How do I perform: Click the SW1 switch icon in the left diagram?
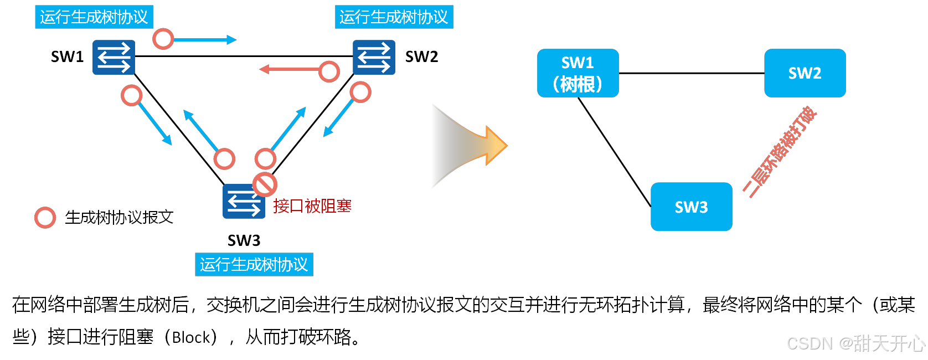click(114, 57)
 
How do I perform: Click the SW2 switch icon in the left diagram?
click(374, 57)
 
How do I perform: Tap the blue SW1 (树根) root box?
click(578, 73)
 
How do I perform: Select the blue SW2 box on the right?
click(805, 73)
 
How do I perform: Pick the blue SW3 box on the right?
click(691, 207)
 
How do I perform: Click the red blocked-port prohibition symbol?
click(265, 184)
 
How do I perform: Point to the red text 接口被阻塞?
click(312, 206)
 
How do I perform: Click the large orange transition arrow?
click(471, 146)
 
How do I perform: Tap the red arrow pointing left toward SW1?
click(291, 70)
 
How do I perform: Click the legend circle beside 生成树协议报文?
click(45, 218)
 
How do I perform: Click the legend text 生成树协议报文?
click(119, 218)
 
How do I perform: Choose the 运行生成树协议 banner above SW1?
click(94, 17)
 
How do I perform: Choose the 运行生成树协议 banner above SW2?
click(394, 17)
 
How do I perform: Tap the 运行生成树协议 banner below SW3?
click(254, 265)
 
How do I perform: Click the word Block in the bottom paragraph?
click(192, 337)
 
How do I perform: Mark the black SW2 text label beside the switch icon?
click(421, 57)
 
